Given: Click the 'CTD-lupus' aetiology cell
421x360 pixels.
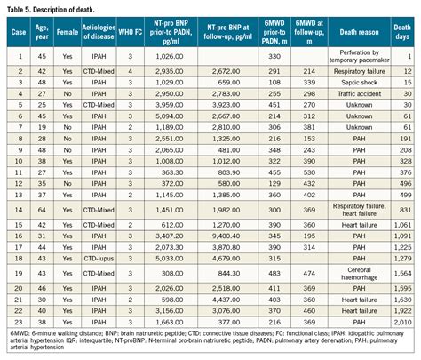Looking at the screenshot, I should [97, 257].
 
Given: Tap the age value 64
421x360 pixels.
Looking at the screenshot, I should [42, 207].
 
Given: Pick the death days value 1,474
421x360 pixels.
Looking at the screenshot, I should [402, 273].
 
